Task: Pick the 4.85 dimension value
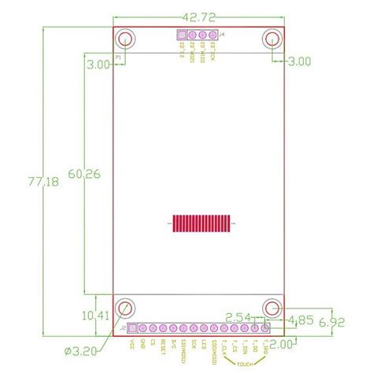[303, 320]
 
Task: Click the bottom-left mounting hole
[124, 308]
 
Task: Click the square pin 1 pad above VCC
[132, 327]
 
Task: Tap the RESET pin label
[163, 343]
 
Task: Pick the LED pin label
[204, 342]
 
